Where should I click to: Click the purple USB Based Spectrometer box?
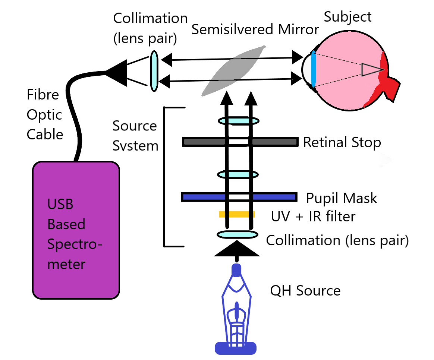point(76,230)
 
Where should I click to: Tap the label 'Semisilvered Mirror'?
point(255,30)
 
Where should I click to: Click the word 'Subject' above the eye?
point(347,17)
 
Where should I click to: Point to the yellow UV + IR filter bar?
point(237,214)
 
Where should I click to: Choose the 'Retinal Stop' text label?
point(342,142)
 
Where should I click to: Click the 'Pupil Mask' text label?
point(342,198)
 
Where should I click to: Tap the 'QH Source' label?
point(305,290)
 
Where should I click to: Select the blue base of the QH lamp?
point(236,347)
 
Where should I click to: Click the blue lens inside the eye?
point(313,69)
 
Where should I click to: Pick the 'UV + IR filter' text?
point(313,216)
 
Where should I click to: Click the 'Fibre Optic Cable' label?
point(44,114)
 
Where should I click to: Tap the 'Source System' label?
point(135,136)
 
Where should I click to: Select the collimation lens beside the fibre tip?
point(154,71)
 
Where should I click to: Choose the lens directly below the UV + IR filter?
point(238,235)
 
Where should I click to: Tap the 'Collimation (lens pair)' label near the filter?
point(337,240)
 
